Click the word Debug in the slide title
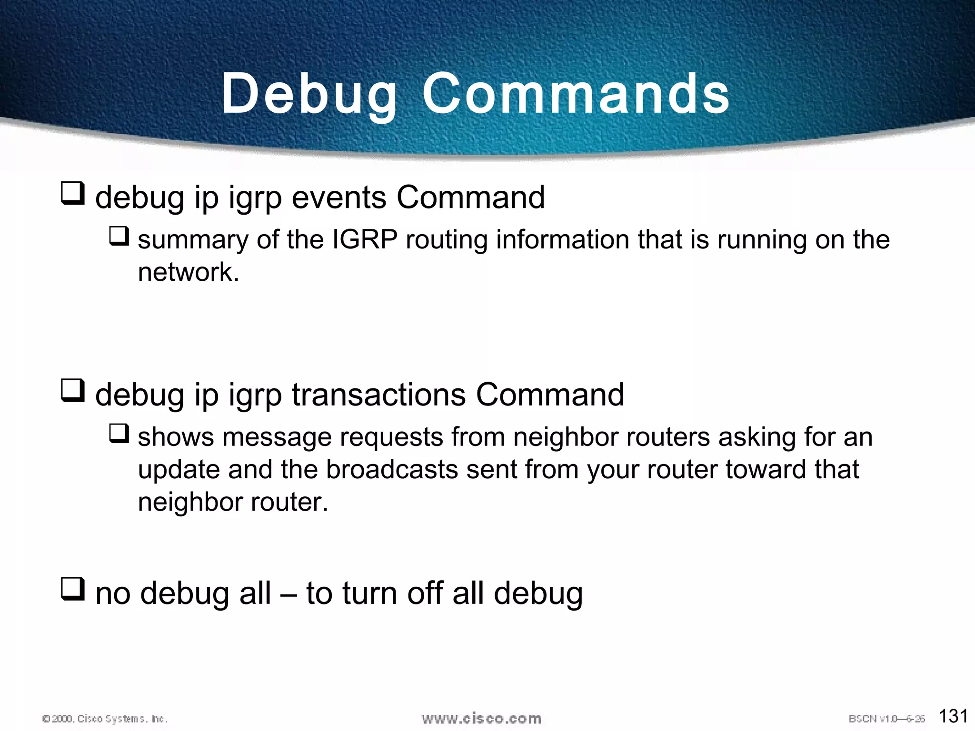click(309, 94)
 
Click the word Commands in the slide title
click(576, 94)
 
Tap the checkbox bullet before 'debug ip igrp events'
click(73, 193)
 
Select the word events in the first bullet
click(338, 198)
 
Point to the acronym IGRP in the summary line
click(364, 239)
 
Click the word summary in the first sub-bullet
click(193, 240)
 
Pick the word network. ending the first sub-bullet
click(189, 272)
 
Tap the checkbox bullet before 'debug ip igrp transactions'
click(73, 391)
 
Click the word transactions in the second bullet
click(378, 395)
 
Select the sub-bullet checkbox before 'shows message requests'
click(119, 434)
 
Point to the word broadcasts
click(391, 470)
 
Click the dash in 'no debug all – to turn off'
click(288, 594)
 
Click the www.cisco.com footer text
click(481, 718)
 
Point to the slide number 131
click(953, 716)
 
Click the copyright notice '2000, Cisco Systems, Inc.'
click(105, 719)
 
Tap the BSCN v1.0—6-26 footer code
click(886, 719)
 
